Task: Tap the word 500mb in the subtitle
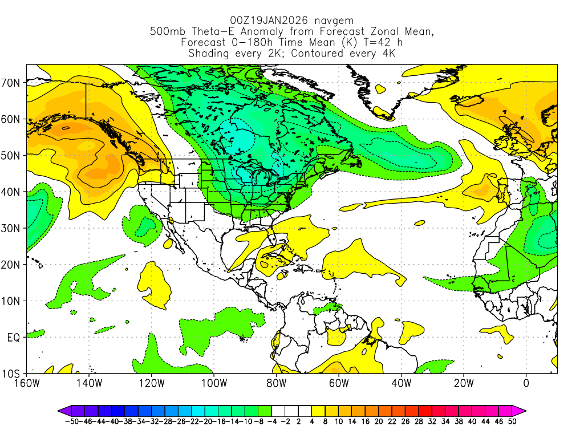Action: tap(167, 31)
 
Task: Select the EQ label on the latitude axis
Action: tap(14, 338)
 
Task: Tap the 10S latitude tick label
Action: tap(12, 374)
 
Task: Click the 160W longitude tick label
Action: tap(27, 383)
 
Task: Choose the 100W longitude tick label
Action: tap(214, 383)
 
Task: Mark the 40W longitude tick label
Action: tap(401, 383)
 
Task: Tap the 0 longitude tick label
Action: tap(526, 383)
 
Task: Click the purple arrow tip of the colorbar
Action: tap(61, 410)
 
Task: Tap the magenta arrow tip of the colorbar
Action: tap(523, 410)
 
